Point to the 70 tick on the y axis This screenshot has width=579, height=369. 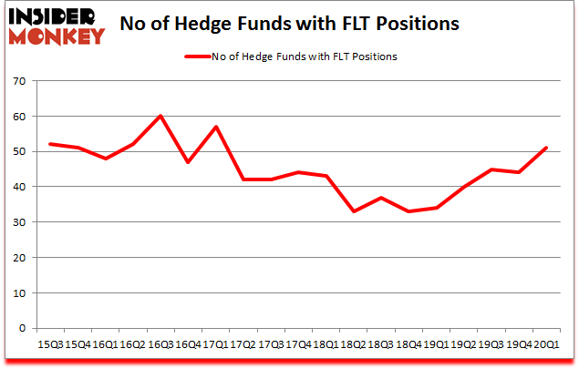click(x=18, y=82)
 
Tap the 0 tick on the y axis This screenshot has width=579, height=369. click(x=21, y=328)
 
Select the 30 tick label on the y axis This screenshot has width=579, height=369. click(x=18, y=222)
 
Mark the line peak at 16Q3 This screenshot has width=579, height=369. click(x=160, y=116)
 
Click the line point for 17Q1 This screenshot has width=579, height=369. click(x=215, y=127)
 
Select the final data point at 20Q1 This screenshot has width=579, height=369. click(x=546, y=148)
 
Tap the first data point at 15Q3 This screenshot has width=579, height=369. click(x=50, y=144)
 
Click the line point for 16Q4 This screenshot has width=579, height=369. click(x=188, y=162)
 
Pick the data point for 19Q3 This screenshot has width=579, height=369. click(x=491, y=169)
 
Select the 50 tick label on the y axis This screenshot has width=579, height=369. click(x=18, y=152)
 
